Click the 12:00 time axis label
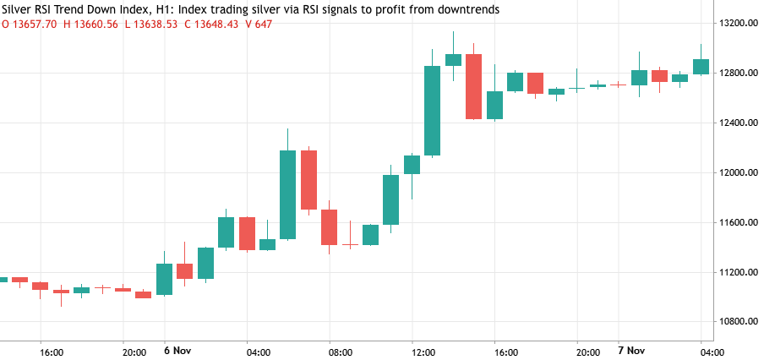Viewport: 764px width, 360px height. tap(423, 352)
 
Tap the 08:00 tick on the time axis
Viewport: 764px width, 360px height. tap(341, 352)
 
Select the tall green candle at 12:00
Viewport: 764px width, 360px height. tap(432, 111)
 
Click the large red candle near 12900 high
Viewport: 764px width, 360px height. tap(473, 86)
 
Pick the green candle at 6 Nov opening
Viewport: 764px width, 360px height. tap(164, 279)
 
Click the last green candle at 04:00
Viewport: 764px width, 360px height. tap(701, 67)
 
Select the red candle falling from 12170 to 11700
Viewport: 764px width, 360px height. tap(308, 179)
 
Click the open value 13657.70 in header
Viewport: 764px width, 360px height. tap(35, 24)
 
